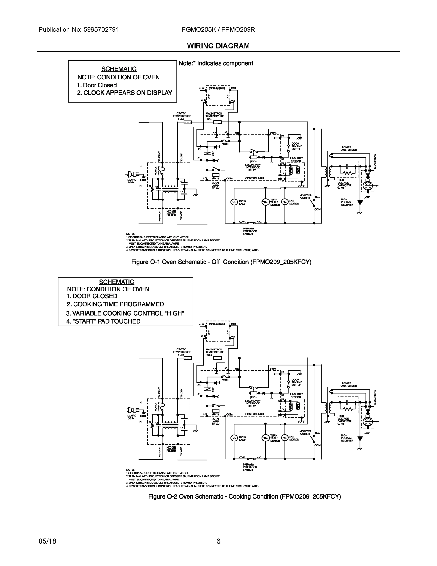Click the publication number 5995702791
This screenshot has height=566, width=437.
tap(101, 29)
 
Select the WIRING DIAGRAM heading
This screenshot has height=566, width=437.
tap(218, 46)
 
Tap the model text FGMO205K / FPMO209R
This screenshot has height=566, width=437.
tap(218, 29)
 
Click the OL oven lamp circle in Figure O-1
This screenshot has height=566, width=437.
tap(234, 202)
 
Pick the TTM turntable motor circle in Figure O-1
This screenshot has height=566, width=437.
tap(265, 202)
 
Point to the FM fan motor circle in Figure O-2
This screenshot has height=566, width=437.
tap(285, 438)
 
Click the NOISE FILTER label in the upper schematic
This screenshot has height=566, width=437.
tap(171, 213)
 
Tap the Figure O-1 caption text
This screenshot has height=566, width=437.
tap(221, 262)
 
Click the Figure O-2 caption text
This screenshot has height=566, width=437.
tap(244, 496)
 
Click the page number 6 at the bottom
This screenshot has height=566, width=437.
tap(218, 541)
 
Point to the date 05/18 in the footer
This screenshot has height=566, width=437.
tap(47, 541)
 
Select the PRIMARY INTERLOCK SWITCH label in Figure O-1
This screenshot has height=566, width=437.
tap(249, 231)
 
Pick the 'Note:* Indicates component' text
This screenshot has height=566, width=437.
tap(216, 63)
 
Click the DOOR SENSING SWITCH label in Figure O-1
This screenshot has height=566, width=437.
tap(297, 146)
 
